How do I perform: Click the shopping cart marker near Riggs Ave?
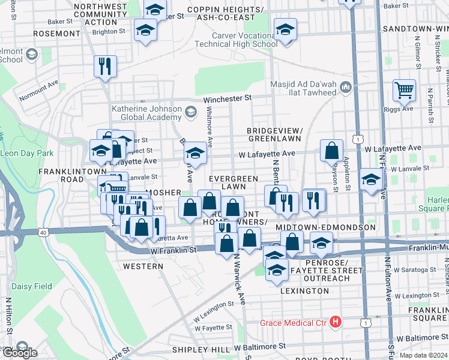(405, 91)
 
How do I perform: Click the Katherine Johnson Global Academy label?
(146, 113)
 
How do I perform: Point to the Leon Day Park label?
(26, 153)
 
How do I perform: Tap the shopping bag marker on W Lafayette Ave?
(331, 151)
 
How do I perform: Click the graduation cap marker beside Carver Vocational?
(285, 29)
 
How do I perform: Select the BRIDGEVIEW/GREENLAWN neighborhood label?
(274, 134)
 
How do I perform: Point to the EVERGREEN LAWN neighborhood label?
(234, 182)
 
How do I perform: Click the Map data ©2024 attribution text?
(423, 355)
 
